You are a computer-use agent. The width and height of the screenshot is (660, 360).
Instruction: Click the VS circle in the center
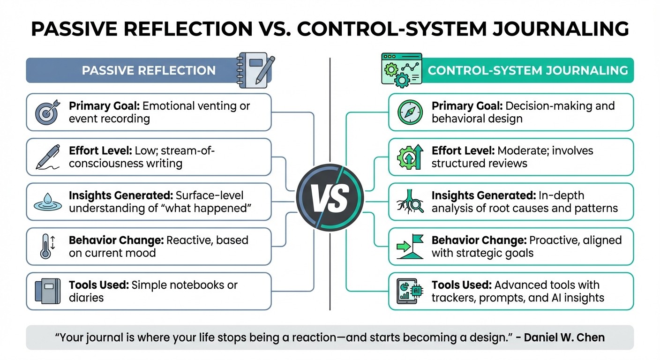pos(330,198)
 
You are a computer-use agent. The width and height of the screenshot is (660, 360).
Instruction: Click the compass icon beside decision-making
pos(410,112)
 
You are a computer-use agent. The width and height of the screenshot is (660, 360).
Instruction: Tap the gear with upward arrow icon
pos(410,157)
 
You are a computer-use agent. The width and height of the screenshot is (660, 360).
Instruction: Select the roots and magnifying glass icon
pos(410,202)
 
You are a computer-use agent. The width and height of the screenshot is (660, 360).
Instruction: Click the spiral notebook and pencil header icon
pos(253,69)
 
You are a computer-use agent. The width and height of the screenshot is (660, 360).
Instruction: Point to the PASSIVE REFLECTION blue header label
pos(149,71)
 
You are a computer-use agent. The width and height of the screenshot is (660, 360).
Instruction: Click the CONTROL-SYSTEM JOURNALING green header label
pos(528,71)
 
